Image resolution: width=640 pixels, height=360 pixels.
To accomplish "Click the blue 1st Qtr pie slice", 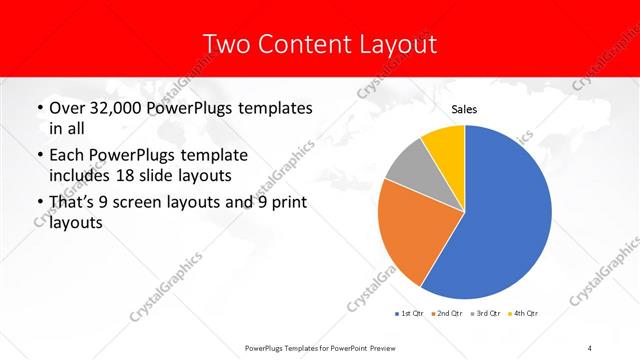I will (x=505, y=215).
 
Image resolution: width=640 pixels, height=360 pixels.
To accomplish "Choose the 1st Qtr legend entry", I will (x=411, y=314).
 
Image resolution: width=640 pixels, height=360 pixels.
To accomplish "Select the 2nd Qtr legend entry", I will (x=448, y=314).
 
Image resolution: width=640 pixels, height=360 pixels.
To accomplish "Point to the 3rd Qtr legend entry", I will (x=487, y=314).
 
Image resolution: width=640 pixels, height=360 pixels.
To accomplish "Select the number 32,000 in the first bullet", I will (x=115, y=108).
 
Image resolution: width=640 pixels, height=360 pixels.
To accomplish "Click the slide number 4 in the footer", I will (x=591, y=347).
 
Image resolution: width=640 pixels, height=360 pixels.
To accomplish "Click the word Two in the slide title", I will (x=221, y=44).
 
